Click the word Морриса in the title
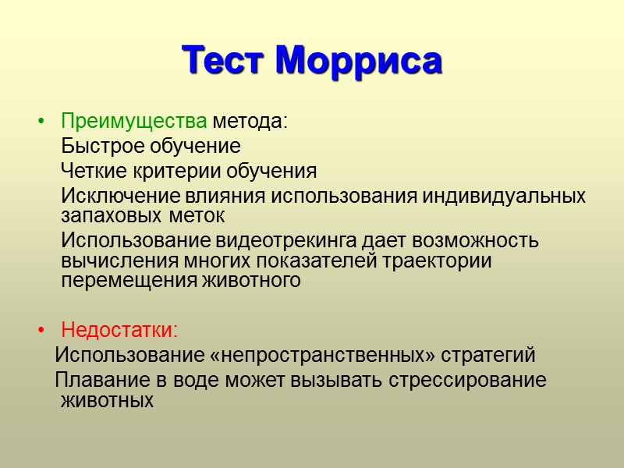[359, 60]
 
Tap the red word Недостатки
[119, 331]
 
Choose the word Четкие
[91, 171]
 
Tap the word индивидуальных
[504, 196]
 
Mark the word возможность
[472, 240]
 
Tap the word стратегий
[488, 356]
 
